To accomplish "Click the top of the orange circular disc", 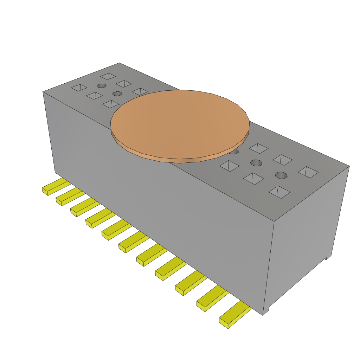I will (180, 123).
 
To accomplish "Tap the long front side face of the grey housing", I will (158, 197).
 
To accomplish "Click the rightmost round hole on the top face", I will (281, 175).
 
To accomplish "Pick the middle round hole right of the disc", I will (256, 163).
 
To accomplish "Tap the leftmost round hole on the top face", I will (101, 86).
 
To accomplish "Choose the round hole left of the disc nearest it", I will (117, 94).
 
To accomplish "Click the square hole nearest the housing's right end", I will (308, 172).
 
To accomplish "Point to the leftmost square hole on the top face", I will (79, 87).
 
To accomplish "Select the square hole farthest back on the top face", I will (108, 76).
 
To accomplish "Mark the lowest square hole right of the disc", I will (279, 192).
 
